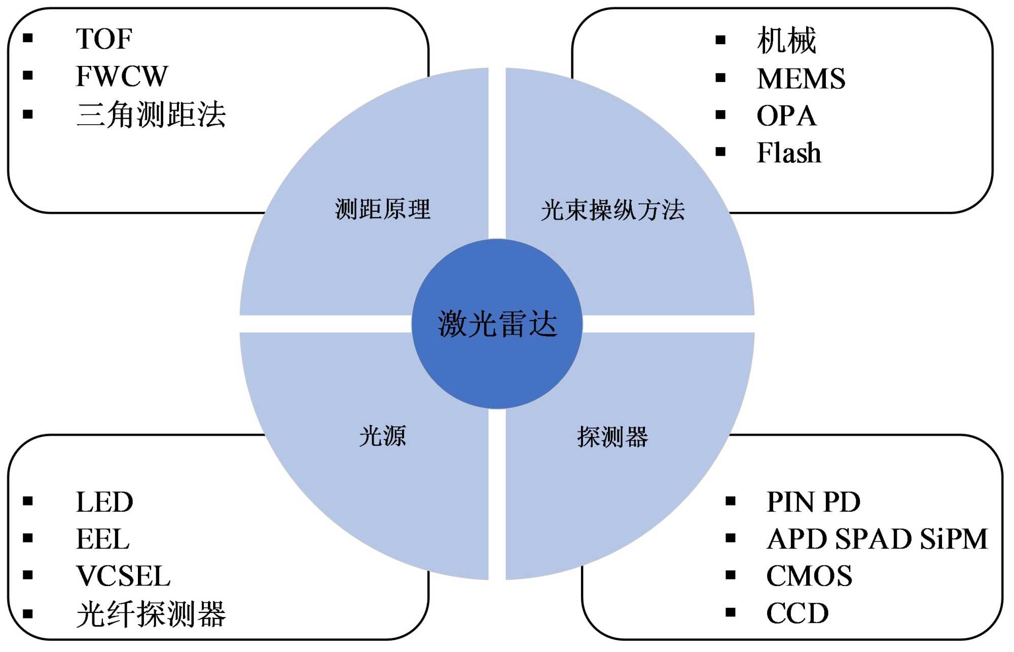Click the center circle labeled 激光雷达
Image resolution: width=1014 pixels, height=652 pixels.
click(497, 324)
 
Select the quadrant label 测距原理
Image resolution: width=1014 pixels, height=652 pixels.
click(383, 209)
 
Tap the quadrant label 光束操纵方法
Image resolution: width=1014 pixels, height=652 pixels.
click(612, 210)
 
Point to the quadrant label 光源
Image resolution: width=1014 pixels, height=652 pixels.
click(383, 436)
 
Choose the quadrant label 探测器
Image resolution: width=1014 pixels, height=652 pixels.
click(612, 437)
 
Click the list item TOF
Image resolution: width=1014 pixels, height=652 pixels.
click(104, 39)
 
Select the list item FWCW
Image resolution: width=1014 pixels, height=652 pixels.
click(122, 77)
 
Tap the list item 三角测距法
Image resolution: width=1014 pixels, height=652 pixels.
click(151, 115)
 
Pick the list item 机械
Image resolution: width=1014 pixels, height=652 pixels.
click(786, 41)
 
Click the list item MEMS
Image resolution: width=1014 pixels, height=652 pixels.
click(801, 79)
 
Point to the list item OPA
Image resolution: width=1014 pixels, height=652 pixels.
click(786, 116)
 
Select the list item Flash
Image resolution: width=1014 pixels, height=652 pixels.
click(789, 153)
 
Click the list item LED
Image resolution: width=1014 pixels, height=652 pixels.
click(104, 502)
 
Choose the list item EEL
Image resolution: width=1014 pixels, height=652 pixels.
click(103, 539)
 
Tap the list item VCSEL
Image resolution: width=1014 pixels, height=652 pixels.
click(123, 576)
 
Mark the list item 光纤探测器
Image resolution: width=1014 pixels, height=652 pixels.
click(151, 614)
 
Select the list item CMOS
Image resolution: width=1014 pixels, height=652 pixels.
click(809, 576)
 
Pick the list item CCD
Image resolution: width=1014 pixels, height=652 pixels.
click(797, 613)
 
